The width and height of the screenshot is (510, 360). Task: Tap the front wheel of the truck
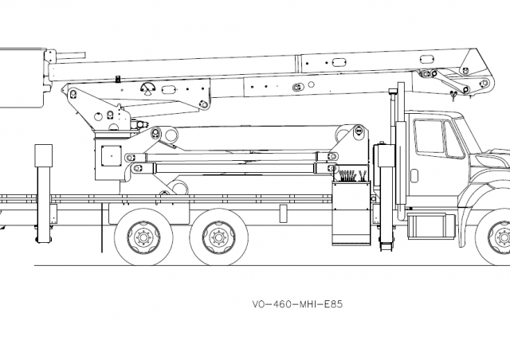(x=500, y=237)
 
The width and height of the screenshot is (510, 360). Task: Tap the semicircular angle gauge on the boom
(x=147, y=88)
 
